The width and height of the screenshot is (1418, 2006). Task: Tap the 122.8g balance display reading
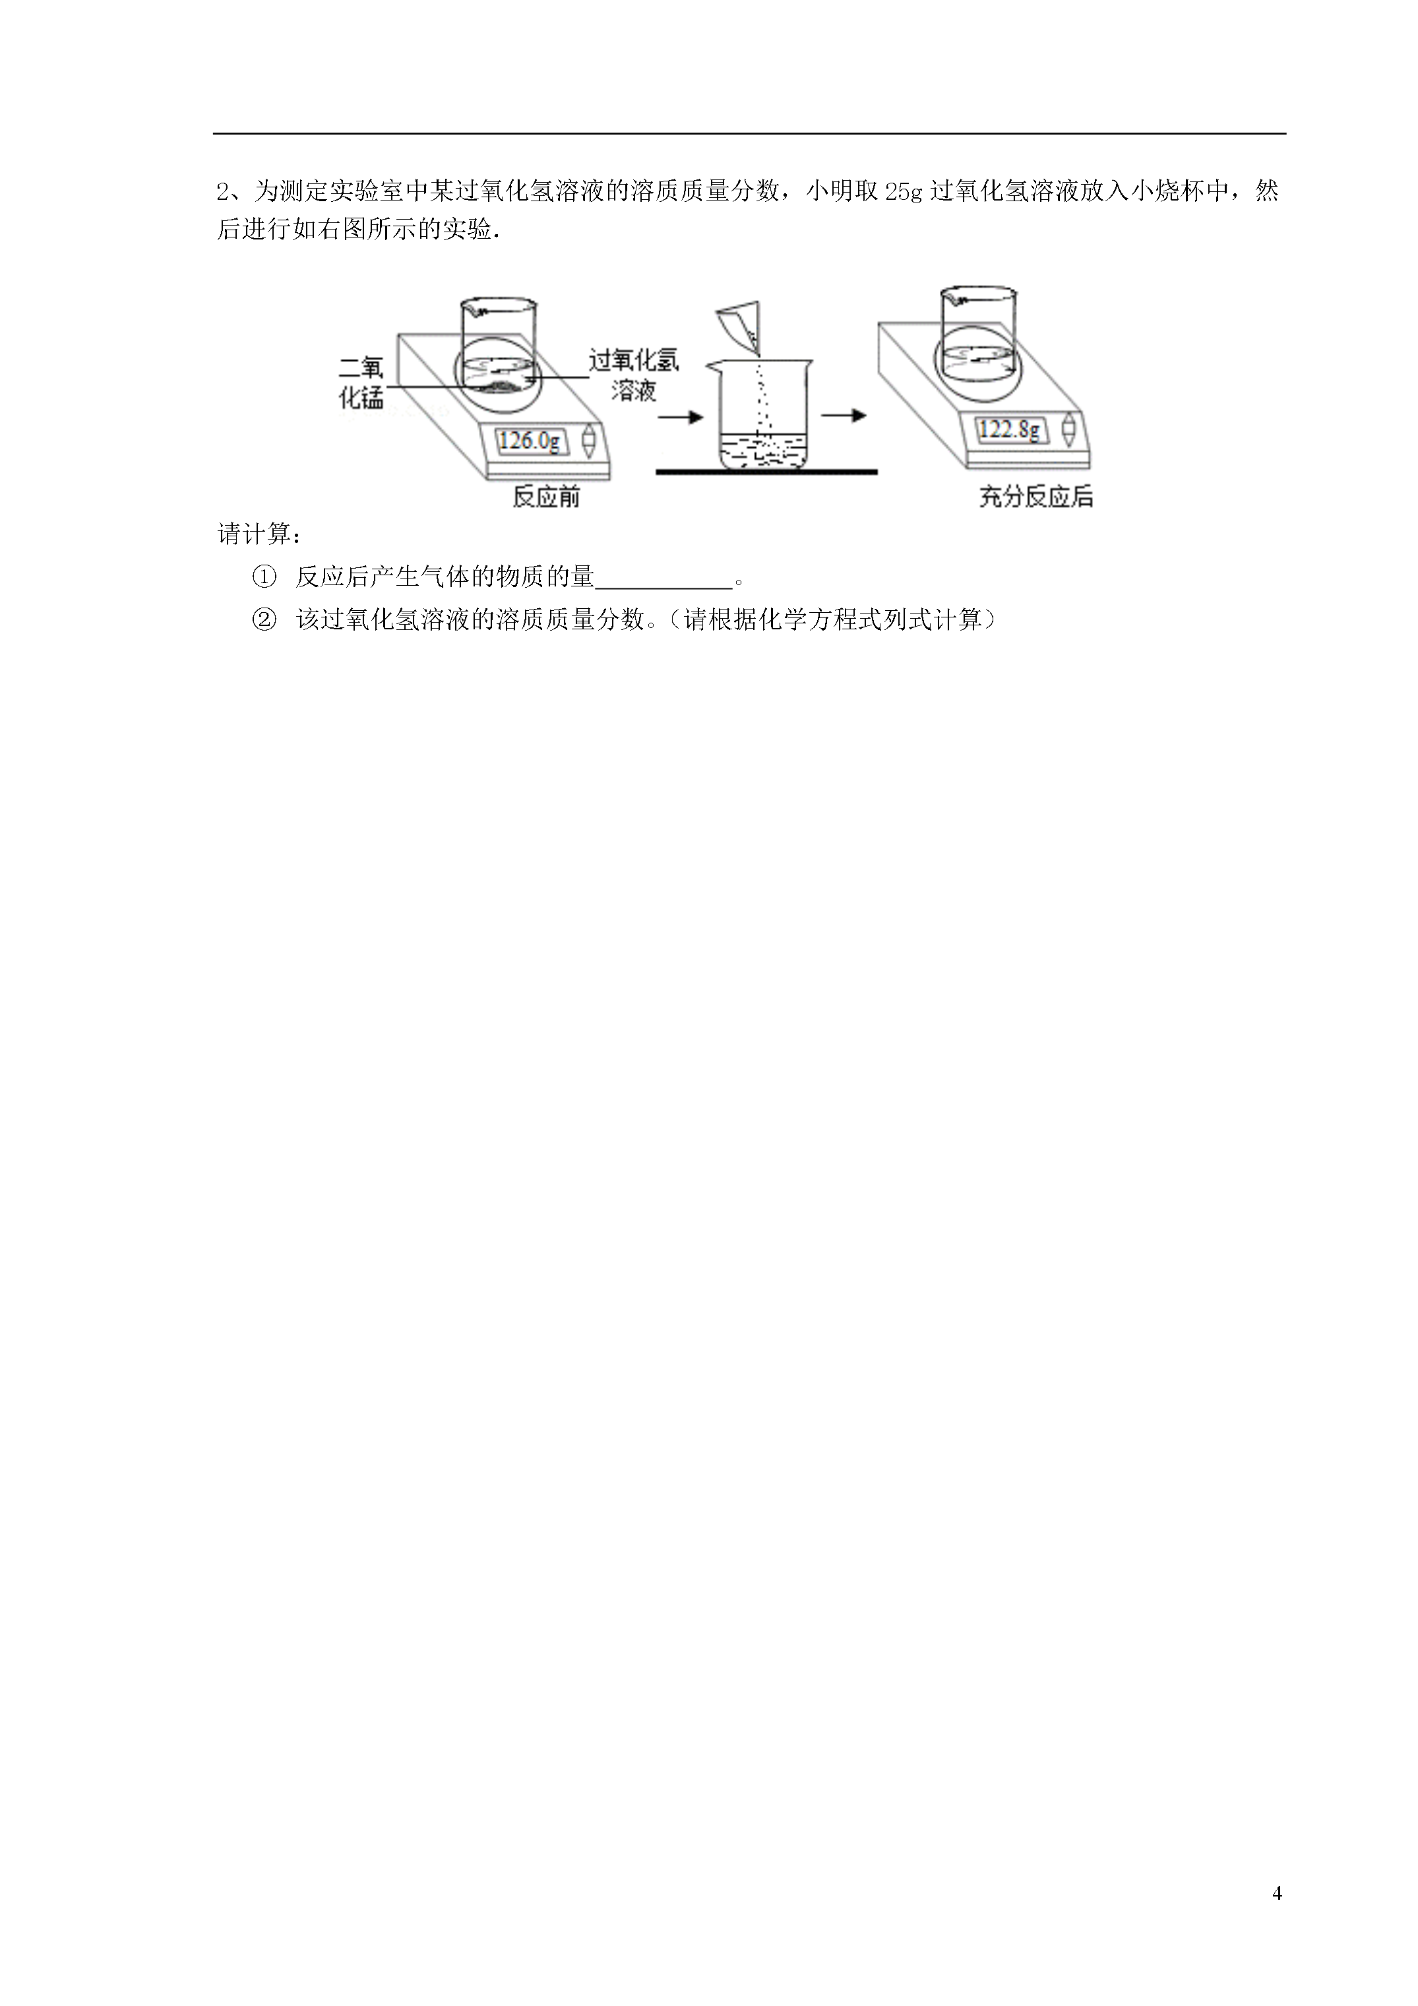pyautogui.click(x=1010, y=429)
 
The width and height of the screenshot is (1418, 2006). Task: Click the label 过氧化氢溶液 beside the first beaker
pyautogui.click(x=633, y=375)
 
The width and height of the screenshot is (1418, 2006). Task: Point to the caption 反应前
pyautogui.click(x=546, y=497)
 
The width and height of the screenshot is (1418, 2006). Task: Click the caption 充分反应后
pyautogui.click(x=1036, y=497)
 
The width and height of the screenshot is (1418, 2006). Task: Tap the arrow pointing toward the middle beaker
pyautogui.click(x=681, y=418)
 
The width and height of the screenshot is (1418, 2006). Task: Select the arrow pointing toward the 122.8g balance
pyautogui.click(x=843, y=416)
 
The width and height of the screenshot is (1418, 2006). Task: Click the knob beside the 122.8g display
pyautogui.click(x=1068, y=430)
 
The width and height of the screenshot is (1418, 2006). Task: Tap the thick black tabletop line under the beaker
pyautogui.click(x=766, y=472)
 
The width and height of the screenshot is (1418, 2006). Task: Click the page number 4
pyautogui.click(x=1278, y=1894)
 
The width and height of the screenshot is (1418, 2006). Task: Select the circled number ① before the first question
pyautogui.click(x=264, y=577)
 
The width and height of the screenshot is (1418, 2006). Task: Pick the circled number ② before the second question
pyautogui.click(x=264, y=620)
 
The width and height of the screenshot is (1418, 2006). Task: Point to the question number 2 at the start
pyautogui.click(x=223, y=191)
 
